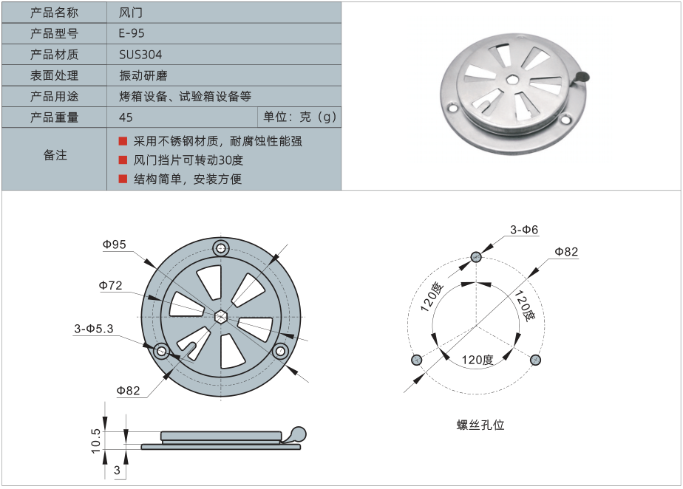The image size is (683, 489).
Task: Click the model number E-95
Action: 132,33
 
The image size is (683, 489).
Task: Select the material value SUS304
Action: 140,55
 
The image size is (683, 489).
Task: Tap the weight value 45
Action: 126,117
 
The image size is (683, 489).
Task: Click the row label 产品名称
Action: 54,13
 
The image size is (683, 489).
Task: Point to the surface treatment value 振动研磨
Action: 143,75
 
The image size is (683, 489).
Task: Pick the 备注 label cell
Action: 55,155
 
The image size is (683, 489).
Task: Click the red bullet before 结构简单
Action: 123,179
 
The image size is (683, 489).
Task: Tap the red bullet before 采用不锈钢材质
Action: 123,141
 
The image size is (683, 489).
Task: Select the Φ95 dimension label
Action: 115,244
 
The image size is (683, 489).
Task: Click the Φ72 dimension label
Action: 110,285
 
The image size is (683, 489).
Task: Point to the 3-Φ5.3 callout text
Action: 93,329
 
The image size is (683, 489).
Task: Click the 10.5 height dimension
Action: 96,442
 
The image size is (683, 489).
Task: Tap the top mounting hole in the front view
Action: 220,247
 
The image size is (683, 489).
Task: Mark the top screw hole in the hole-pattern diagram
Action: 477,257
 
